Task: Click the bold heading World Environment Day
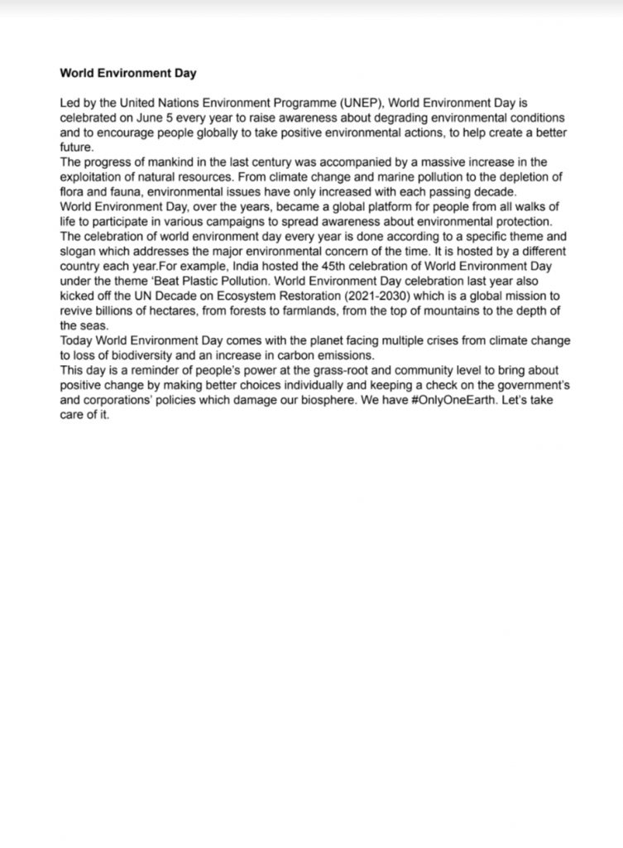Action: pos(128,73)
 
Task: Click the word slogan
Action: pos(78,248)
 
